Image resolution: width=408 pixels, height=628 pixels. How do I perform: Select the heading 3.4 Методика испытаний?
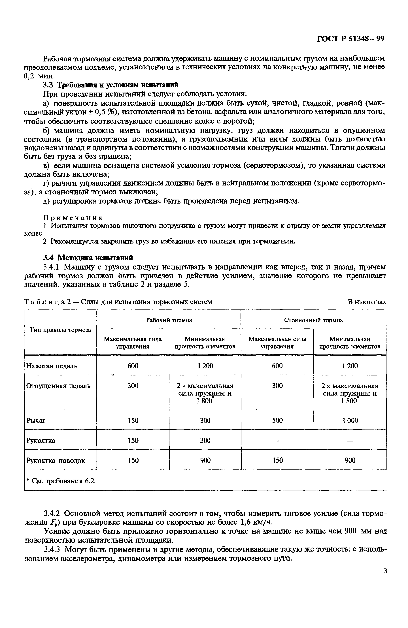tap(88, 258)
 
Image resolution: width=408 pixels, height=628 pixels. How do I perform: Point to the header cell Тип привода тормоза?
tap(60, 330)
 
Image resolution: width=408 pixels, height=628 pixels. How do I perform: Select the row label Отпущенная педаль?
tap(58, 386)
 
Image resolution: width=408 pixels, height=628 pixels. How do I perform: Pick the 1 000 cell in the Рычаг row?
tap(350, 420)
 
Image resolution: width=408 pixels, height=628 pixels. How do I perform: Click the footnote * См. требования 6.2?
tap(61, 481)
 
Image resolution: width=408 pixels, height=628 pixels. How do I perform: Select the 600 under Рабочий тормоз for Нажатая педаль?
tap(133, 366)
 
